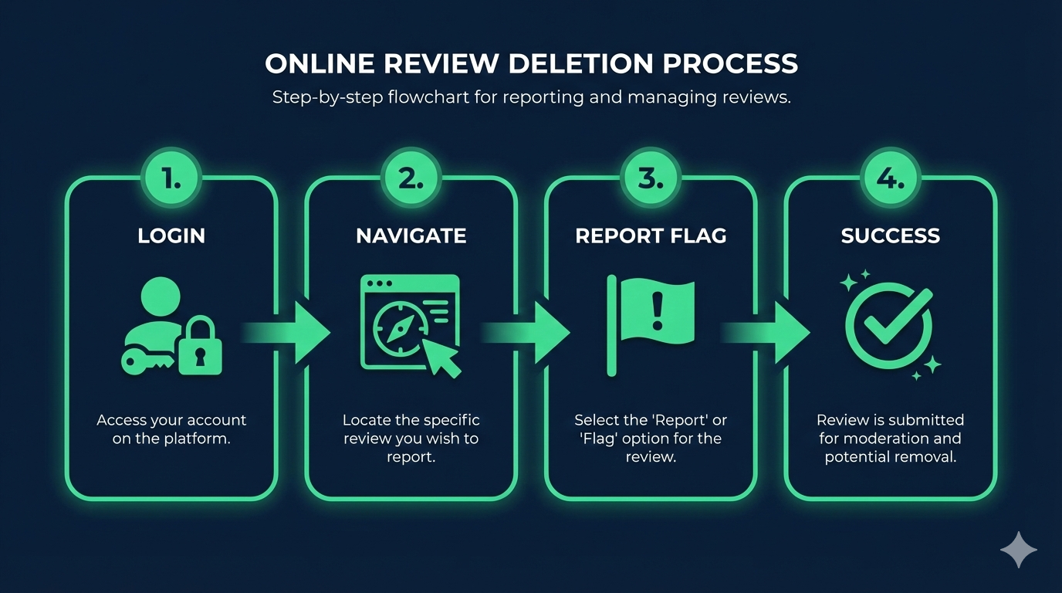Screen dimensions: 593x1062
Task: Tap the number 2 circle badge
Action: (x=411, y=178)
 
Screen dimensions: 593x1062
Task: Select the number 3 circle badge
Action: (x=651, y=178)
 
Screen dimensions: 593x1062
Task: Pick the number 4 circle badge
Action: (x=890, y=178)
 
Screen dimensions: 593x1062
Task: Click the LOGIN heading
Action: (x=171, y=236)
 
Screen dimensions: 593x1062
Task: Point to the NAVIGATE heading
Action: (x=411, y=236)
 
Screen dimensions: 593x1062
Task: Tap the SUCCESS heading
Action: (x=890, y=236)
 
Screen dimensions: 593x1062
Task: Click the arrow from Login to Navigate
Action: (x=294, y=333)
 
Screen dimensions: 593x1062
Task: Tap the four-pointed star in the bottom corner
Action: (x=1019, y=550)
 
